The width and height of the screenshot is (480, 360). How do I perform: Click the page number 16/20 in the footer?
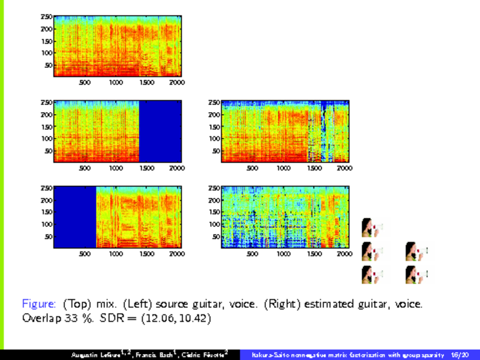[x=460, y=355]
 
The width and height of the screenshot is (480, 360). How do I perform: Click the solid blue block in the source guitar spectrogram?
[x=160, y=131]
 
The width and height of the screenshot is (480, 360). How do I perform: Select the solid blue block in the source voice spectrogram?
[x=75, y=217]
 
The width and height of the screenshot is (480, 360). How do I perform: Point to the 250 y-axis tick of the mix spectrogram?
[x=47, y=17]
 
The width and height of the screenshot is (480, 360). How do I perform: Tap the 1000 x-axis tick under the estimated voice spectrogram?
[x=283, y=253]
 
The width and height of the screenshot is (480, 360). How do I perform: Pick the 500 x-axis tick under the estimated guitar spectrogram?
[x=252, y=168]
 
